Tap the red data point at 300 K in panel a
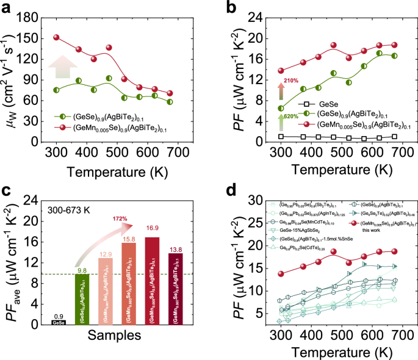click(57, 38)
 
